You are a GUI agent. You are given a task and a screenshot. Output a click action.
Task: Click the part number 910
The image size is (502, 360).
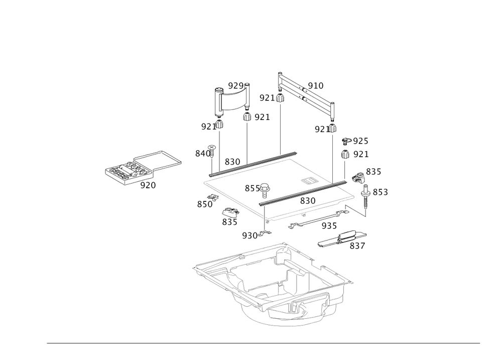315,86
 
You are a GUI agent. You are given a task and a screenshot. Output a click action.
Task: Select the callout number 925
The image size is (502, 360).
360,140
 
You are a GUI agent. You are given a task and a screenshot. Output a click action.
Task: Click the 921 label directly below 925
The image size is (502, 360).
360,154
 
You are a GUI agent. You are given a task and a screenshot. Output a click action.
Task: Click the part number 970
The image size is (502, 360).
148,185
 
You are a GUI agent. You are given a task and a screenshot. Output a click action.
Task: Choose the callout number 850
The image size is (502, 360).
204,204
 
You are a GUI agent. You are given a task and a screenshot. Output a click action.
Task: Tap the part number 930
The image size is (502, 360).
249,235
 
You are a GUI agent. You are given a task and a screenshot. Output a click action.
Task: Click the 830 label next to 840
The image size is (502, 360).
232,162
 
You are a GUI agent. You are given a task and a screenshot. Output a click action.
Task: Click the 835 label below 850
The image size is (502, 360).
229,221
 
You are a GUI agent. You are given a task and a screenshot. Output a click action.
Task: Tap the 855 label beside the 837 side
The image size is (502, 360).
380,192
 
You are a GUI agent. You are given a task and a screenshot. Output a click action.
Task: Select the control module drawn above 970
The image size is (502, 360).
123,171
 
